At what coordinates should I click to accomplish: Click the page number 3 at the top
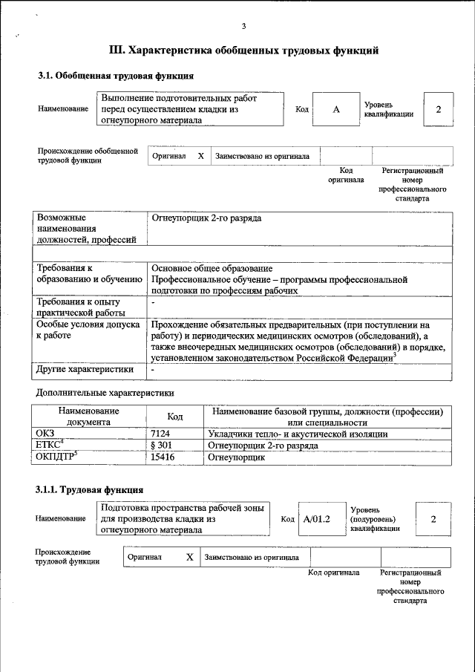[243, 27]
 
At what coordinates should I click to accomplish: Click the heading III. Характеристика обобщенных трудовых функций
[244, 50]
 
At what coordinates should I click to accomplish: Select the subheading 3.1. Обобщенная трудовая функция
[116, 75]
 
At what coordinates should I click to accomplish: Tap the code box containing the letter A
[335, 109]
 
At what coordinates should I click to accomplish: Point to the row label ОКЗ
[45, 434]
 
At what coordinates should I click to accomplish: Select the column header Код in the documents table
[174, 417]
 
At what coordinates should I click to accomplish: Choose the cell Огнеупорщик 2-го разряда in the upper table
[206, 218]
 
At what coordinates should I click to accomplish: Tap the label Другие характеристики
[85, 368]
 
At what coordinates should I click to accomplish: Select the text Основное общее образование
[212, 268]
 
